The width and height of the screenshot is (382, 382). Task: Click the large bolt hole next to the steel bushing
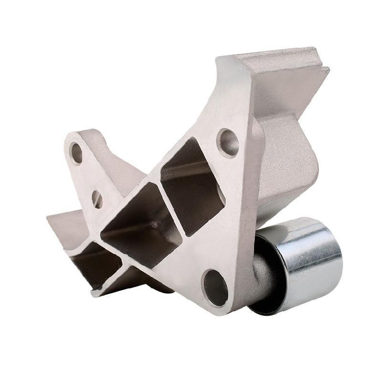coord(214,287)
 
